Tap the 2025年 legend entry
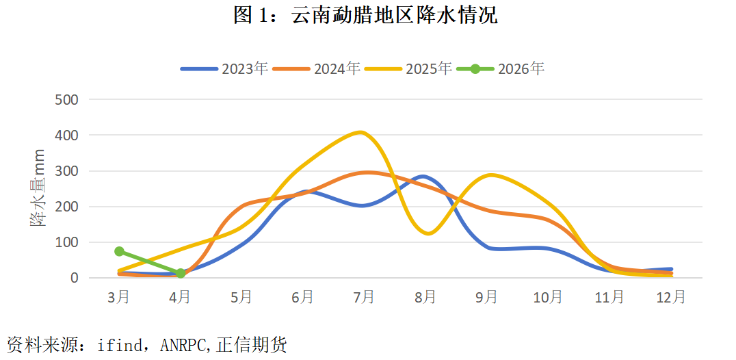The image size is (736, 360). pos(408,68)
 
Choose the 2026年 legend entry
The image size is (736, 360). pos(501,68)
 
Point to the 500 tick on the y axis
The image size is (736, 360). pos(66,100)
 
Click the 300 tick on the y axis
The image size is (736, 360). pos(66,171)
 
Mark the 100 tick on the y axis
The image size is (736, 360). pos(66,242)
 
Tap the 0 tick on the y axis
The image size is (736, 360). pos(73,278)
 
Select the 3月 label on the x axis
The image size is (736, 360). pos(118,298)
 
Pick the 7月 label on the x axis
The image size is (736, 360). pos(364,298)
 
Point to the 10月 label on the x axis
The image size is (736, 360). pos(548,298)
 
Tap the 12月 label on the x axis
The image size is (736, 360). pos(670,298)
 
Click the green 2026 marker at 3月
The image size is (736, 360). pos(119,251)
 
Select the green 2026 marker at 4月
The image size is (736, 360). pos(181,273)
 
